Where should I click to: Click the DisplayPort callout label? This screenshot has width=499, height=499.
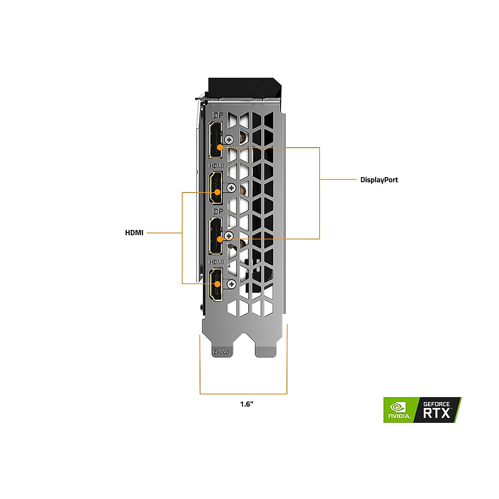click(379, 180)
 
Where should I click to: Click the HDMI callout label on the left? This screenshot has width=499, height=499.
click(134, 233)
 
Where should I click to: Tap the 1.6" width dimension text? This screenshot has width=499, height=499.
click(247, 404)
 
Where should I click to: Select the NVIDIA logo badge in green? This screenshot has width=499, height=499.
click(398, 410)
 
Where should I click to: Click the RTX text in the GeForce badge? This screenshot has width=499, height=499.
click(437, 413)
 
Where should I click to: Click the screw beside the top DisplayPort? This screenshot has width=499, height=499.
click(228, 140)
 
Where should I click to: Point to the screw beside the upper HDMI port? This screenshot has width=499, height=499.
click(231, 188)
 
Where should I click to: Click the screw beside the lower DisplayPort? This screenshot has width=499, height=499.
click(228, 236)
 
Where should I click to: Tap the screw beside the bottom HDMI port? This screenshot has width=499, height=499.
click(231, 284)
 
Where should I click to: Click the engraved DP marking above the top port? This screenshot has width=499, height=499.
click(217, 115)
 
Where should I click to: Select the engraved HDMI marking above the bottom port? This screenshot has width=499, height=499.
click(216, 262)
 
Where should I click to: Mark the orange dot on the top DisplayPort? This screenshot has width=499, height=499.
click(220, 147)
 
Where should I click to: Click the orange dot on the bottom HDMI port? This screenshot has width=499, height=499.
click(217, 284)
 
